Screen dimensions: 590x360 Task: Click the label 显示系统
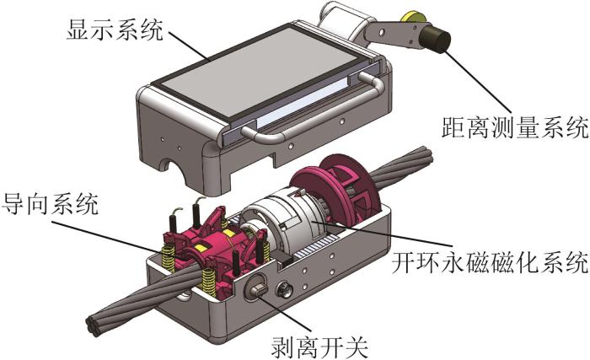115,30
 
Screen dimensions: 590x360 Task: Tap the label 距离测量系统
515,128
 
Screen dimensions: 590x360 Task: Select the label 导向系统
50,204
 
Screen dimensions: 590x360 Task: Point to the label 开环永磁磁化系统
490,262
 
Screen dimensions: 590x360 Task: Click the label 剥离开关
319,347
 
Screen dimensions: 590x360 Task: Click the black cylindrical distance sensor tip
436,39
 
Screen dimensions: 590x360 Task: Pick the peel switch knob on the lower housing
258,289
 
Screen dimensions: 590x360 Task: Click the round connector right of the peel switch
285,291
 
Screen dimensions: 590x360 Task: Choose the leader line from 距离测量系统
478,82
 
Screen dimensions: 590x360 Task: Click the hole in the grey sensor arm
382,33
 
